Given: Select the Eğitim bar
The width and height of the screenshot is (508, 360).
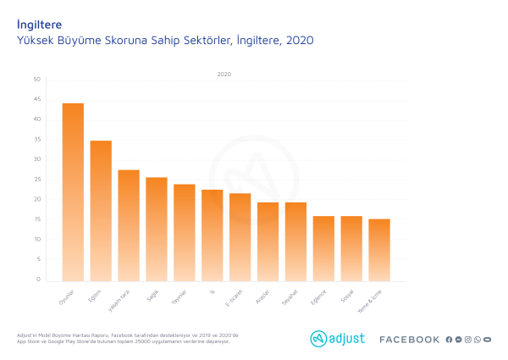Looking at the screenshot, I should pos(101,210).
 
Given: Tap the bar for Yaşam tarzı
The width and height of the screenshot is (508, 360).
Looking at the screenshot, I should pos(129,225).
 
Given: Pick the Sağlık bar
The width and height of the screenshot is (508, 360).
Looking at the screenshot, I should pos(157,229).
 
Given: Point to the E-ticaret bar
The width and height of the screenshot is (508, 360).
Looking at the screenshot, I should pos(240,237).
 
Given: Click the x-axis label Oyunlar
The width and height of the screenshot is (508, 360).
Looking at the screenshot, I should pos(67,300).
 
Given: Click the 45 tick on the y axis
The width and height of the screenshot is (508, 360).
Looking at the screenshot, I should pos(36,99).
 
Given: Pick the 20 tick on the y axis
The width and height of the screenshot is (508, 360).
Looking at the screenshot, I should pos(36,199).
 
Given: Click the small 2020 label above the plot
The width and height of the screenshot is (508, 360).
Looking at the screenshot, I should pos(224,75).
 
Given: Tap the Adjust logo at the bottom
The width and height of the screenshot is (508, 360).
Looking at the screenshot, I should pos(337,339).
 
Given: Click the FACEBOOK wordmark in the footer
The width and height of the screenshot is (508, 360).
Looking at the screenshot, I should pos(409,340).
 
